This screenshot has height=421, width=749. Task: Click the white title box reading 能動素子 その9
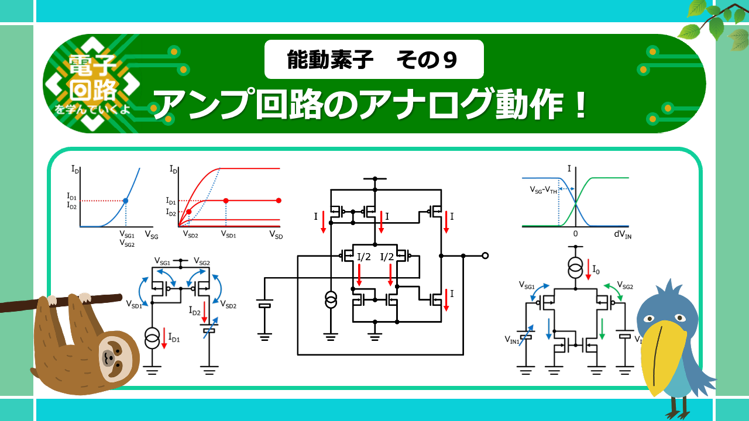(374, 60)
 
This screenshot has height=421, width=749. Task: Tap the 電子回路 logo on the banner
(92, 83)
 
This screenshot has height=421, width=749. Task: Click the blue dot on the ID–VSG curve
(126, 201)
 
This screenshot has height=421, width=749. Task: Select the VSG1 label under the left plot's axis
(127, 236)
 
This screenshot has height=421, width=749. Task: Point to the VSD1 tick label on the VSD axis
(228, 234)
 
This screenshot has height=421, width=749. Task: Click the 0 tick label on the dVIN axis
(576, 234)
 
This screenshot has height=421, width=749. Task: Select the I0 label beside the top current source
(596, 270)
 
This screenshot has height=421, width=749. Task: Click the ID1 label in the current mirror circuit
(174, 337)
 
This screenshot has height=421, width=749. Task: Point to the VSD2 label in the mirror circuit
(229, 305)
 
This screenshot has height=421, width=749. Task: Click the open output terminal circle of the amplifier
(485, 256)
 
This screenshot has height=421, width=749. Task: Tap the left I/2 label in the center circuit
(364, 257)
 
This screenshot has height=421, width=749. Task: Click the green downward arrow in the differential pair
(602, 329)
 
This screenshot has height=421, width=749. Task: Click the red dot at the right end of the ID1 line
(279, 201)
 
